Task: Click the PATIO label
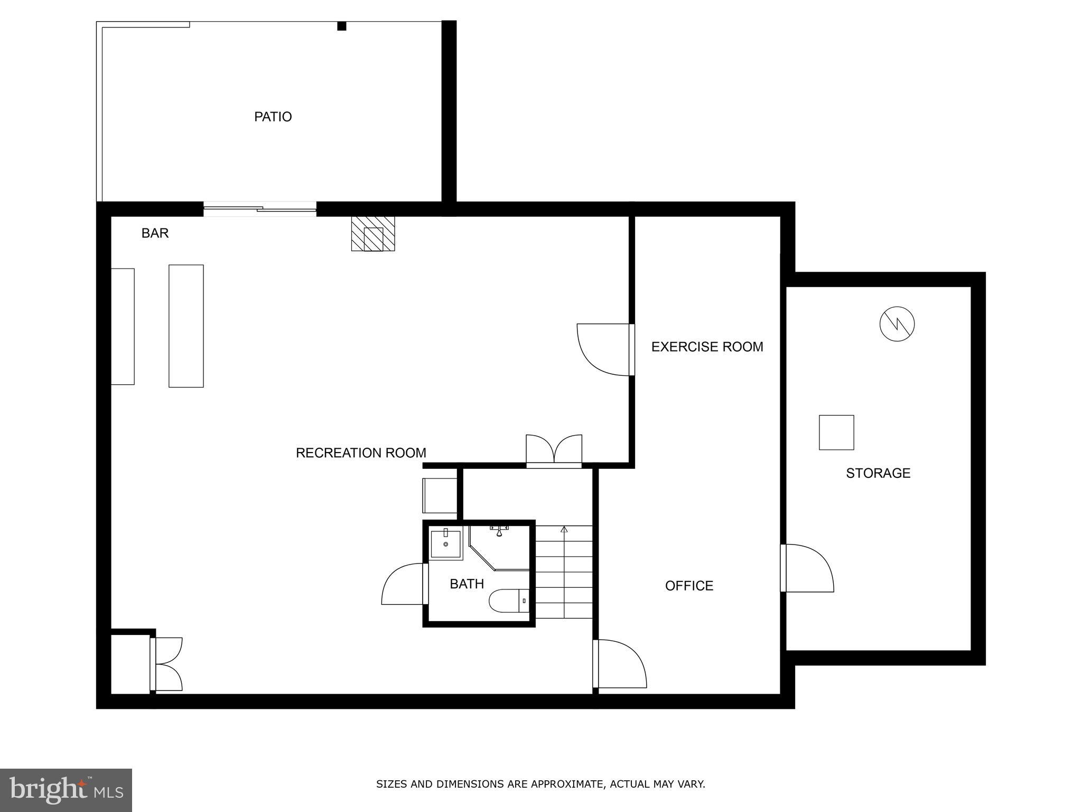coord(273,116)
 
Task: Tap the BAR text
coord(155,233)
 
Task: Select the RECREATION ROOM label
coord(361,453)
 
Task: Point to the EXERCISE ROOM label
coord(707,347)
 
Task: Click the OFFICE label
coord(689,586)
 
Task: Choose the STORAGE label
coord(878,473)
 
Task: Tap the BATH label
coord(467,584)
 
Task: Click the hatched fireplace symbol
coord(373,233)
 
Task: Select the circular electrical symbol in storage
coord(897,324)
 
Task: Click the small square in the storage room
coord(836,432)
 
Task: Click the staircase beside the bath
coord(564,571)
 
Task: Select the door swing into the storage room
coord(807,568)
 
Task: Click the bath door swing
coord(403,584)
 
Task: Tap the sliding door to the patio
coord(260,210)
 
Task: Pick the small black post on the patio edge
coord(342,26)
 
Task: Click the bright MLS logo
coord(66,790)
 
